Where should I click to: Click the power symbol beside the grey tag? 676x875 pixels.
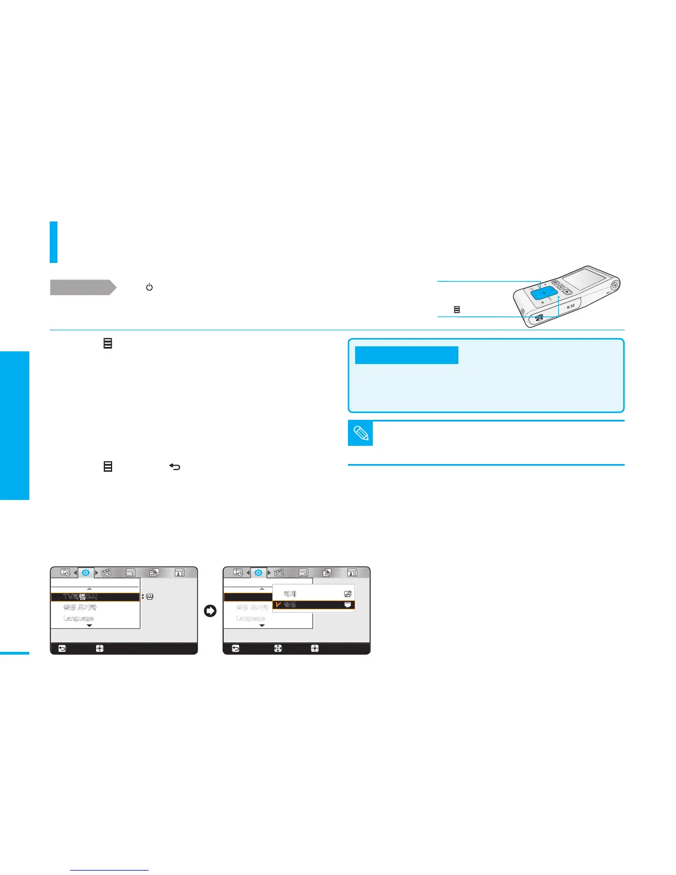(x=149, y=287)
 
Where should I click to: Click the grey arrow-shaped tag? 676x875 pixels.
(x=83, y=287)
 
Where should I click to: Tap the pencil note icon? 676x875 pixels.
(x=361, y=434)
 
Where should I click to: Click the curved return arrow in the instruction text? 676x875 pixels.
(x=175, y=467)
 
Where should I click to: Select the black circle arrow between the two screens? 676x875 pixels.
(x=210, y=611)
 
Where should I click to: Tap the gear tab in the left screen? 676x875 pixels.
(x=86, y=573)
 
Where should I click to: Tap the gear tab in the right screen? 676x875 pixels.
(x=258, y=573)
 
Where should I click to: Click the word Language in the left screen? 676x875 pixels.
(x=78, y=618)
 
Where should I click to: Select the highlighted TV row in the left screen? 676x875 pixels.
(x=95, y=597)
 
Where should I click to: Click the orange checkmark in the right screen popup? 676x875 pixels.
(x=278, y=605)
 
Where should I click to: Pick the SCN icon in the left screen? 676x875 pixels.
(x=106, y=573)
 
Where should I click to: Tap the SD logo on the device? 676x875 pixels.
(x=540, y=317)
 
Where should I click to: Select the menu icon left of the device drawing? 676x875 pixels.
(x=457, y=310)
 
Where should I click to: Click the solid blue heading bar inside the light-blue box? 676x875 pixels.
(x=406, y=355)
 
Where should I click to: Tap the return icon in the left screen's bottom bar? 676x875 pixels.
(x=62, y=649)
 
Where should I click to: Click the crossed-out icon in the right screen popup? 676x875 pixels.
(x=347, y=594)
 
